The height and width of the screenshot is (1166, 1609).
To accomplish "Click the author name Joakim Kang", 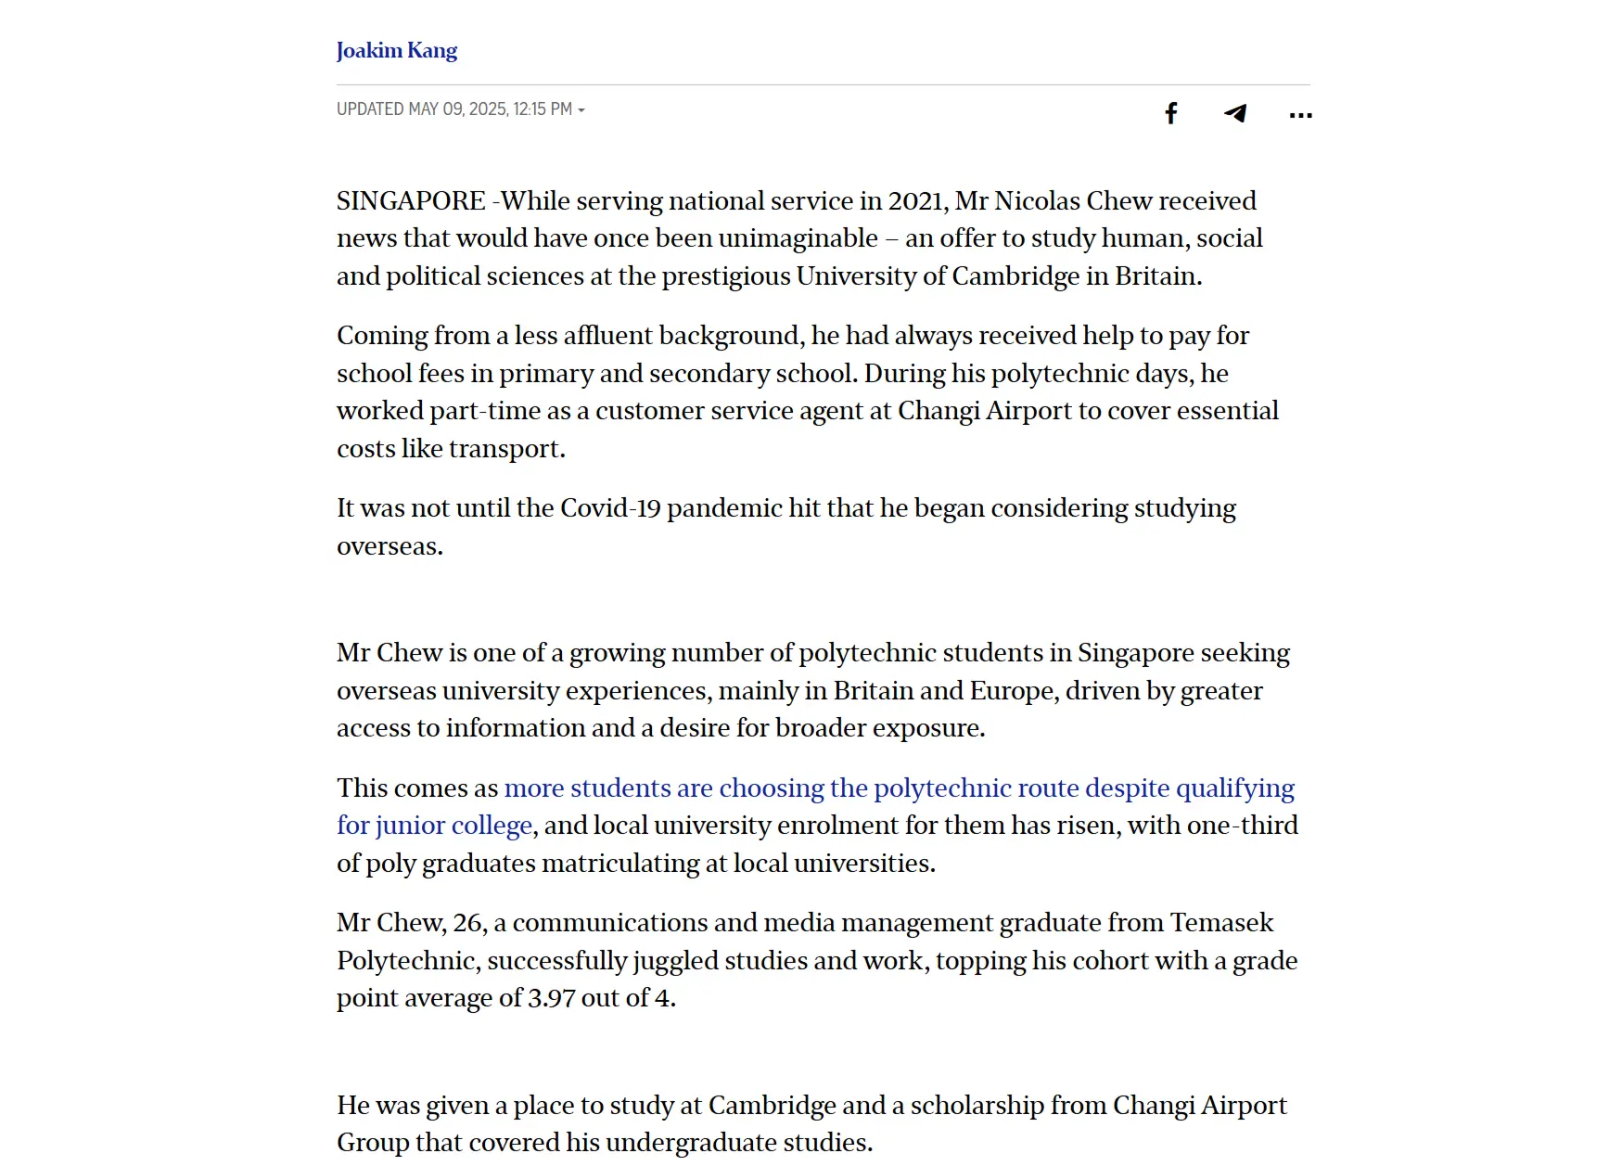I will [x=396, y=50].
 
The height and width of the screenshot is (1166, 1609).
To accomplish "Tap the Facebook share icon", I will [x=1171, y=113].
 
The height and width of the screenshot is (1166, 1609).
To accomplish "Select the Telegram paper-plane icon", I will [x=1235, y=113].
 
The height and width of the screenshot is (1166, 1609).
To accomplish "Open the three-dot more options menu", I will [x=1300, y=115].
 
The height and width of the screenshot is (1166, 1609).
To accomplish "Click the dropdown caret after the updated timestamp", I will [x=581, y=110].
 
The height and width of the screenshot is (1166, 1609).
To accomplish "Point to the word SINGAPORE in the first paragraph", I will [x=411, y=201].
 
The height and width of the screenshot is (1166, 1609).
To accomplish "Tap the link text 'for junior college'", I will [x=434, y=826].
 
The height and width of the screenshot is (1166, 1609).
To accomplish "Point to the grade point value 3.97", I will [x=551, y=998].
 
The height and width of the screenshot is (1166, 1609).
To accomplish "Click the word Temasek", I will [x=1221, y=923].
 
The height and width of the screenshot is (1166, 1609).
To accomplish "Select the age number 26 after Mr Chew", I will [x=468, y=923].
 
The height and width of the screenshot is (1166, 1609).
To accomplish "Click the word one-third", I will [x=1245, y=826].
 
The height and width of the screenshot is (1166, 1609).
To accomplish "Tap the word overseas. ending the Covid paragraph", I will [x=389, y=546].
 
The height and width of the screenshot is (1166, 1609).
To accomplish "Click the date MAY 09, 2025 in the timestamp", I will [x=457, y=109].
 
